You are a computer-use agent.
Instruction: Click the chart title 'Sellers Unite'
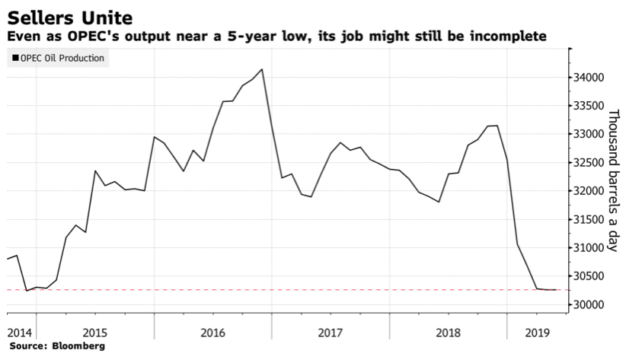click(x=69, y=15)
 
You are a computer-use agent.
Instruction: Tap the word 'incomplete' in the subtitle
click(x=507, y=37)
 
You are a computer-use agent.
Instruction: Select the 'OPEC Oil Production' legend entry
click(x=58, y=58)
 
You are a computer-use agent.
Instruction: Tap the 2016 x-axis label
click(x=212, y=333)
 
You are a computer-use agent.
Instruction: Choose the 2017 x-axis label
click(x=331, y=333)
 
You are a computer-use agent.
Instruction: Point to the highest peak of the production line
click(x=262, y=69)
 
